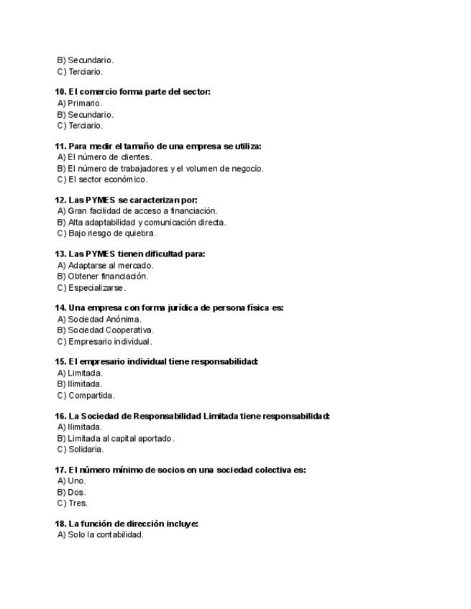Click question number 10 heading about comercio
click(132, 92)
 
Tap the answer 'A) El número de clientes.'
click(105, 157)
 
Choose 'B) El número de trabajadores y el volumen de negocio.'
click(160, 169)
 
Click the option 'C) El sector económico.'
click(102, 180)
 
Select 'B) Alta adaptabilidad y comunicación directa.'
click(142, 223)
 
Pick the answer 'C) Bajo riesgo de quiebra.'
click(106, 233)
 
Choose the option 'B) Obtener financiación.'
click(103, 276)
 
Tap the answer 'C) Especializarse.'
click(91, 288)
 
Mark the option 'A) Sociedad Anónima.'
click(99, 320)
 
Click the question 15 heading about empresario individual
click(156, 362)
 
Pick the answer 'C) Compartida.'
click(86, 396)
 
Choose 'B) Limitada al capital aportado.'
click(116, 439)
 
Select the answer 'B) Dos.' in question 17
click(72, 493)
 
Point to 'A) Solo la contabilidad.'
click(101, 535)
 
